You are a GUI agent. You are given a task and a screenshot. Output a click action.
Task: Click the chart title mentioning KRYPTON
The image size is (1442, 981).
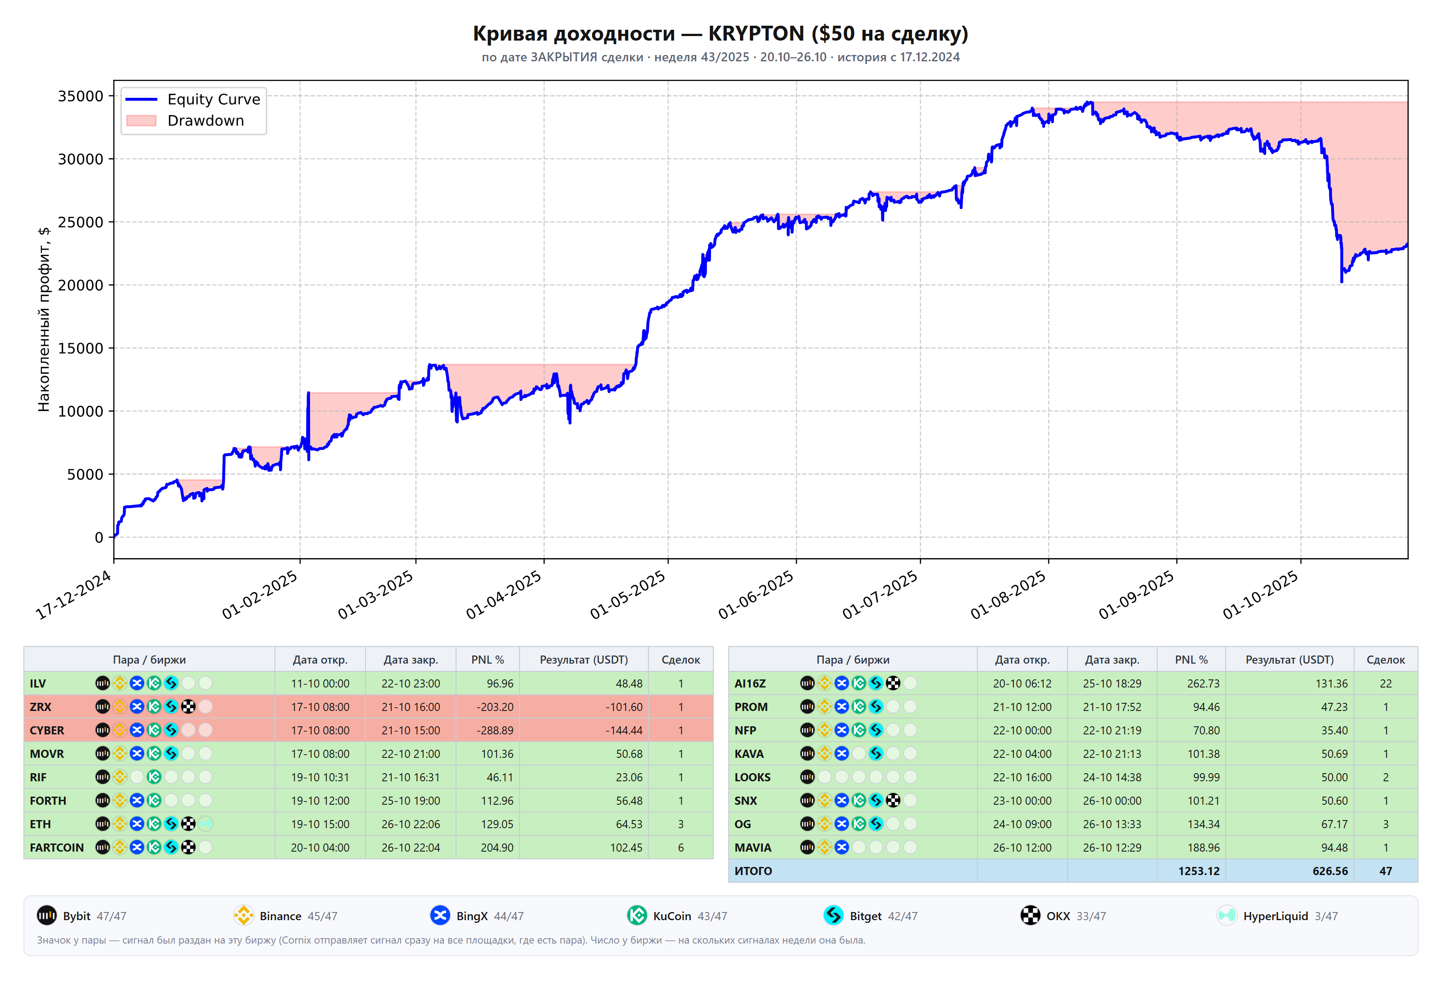pos(721,33)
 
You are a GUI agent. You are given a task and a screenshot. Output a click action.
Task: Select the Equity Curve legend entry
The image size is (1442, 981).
pos(193,99)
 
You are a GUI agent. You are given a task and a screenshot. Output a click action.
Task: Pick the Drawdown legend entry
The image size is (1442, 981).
pos(185,120)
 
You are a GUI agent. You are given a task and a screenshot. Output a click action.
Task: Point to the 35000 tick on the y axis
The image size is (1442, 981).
pos(81,96)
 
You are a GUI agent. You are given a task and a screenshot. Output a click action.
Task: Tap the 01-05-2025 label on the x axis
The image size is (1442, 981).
pos(628,595)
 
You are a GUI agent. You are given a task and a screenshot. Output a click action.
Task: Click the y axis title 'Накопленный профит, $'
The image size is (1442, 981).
pos(43,319)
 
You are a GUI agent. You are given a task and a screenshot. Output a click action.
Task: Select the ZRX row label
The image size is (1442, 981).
pos(41,706)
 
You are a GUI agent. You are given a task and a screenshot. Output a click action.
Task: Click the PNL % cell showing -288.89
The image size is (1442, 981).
pos(494,730)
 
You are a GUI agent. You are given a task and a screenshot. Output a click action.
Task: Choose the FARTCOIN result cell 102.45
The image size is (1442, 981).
pos(626,848)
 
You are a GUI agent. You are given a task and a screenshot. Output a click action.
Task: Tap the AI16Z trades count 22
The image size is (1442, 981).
pos(1386,683)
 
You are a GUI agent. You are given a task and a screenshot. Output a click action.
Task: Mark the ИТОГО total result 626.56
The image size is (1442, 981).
pos(1330,871)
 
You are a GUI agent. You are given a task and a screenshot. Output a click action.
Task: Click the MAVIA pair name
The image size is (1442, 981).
pos(753,848)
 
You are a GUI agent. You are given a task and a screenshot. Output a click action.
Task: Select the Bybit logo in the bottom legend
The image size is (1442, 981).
pos(46,915)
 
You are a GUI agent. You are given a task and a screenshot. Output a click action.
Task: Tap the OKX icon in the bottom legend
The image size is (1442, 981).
pos(1030,915)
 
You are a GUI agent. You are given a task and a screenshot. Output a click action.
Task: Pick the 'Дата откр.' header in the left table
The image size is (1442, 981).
pos(320,660)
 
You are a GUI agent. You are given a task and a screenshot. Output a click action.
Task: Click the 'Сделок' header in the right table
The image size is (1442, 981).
pos(1386,660)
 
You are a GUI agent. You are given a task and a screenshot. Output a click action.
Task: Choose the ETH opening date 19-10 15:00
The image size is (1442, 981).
pos(320,824)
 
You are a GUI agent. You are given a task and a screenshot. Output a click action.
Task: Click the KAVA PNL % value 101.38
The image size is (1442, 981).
pos(1203,754)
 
